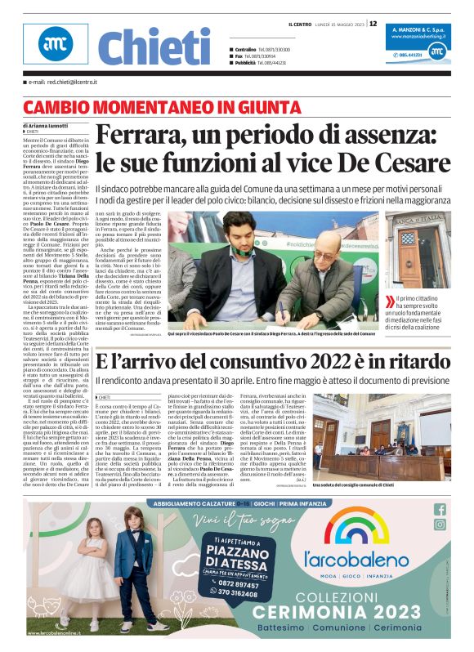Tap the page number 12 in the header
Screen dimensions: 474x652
tap(373, 24)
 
